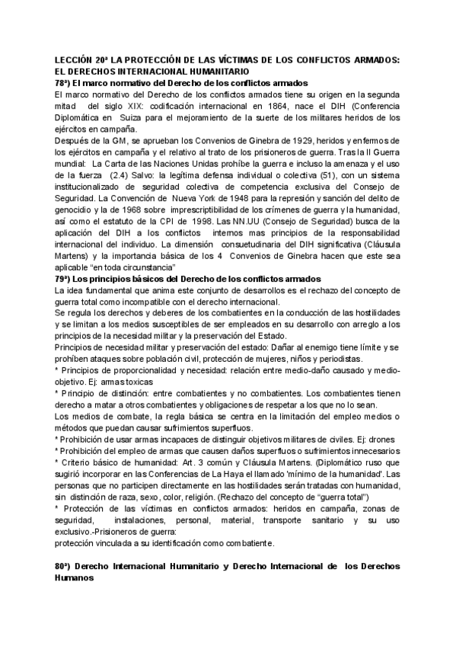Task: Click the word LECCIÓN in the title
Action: coord(75,60)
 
